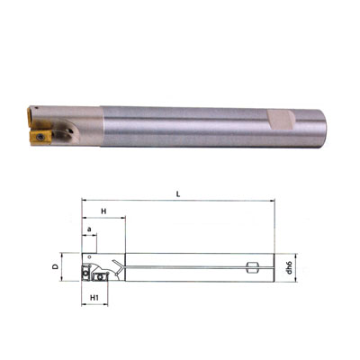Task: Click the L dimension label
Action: [x=178, y=194]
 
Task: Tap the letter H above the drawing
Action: [x=103, y=211]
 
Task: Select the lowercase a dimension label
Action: [x=89, y=229]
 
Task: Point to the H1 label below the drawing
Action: [x=94, y=297]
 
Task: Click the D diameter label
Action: [x=55, y=266]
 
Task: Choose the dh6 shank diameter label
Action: [x=289, y=267]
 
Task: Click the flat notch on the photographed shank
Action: [x=279, y=120]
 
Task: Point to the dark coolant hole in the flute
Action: [x=70, y=130]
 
